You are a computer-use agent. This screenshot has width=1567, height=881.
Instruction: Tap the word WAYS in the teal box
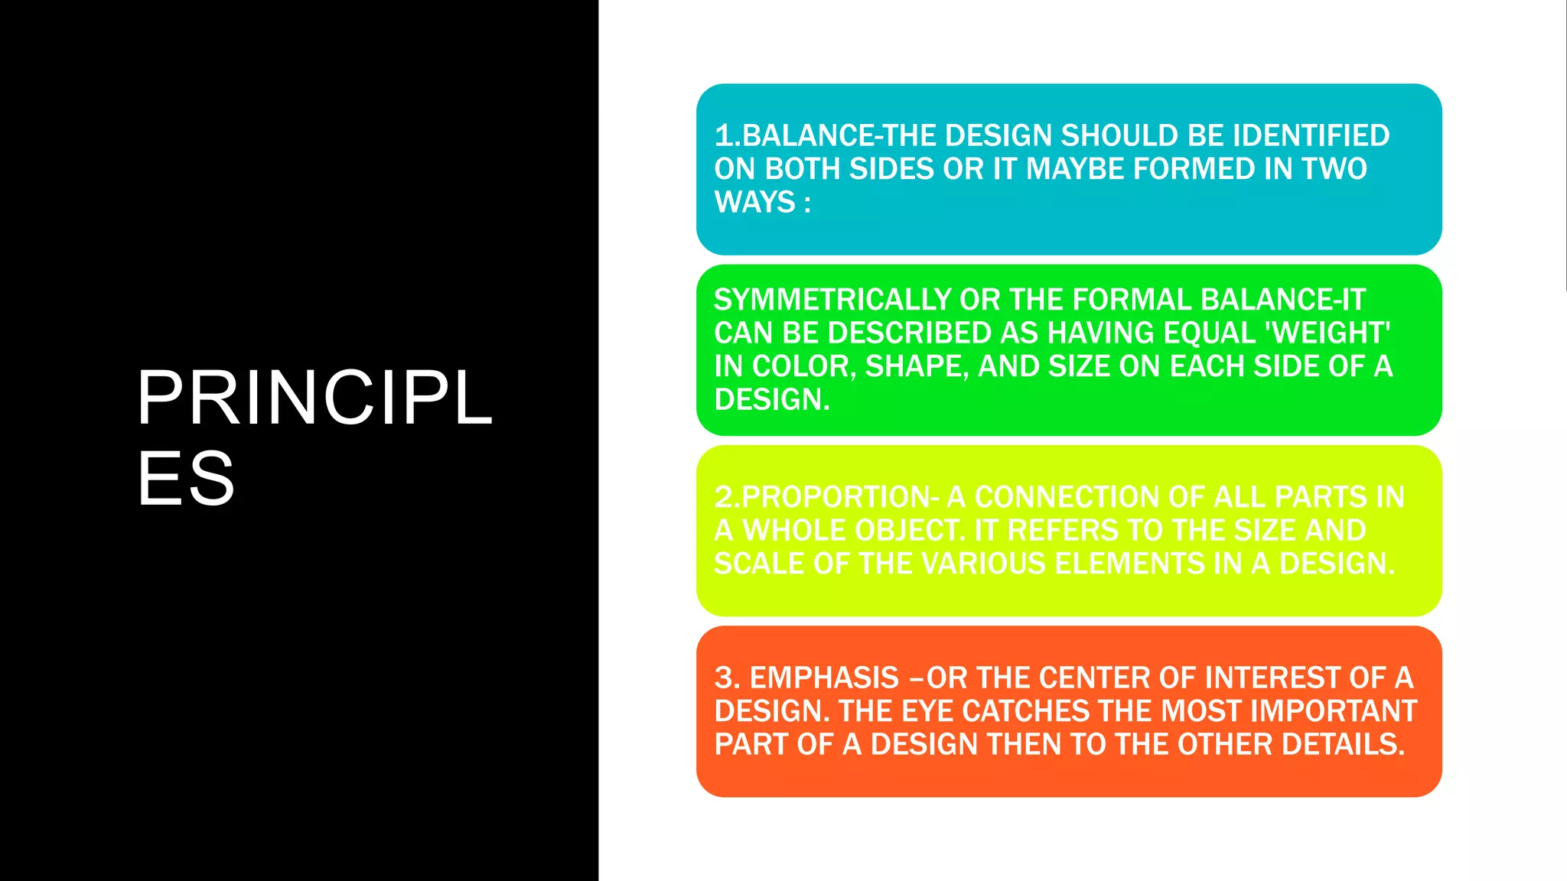click(x=754, y=203)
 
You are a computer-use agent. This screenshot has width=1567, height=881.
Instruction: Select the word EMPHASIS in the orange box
click(x=824, y=678)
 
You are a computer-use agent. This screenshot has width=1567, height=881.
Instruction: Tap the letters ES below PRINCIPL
click(x=186, y=479)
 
